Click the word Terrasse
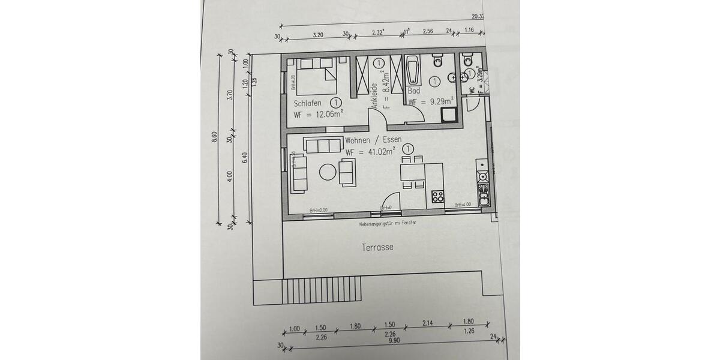pos(377,247)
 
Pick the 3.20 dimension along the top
pos(318,35)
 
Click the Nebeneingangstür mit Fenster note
pos(388,223)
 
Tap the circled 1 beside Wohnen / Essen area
pos(408,148)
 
